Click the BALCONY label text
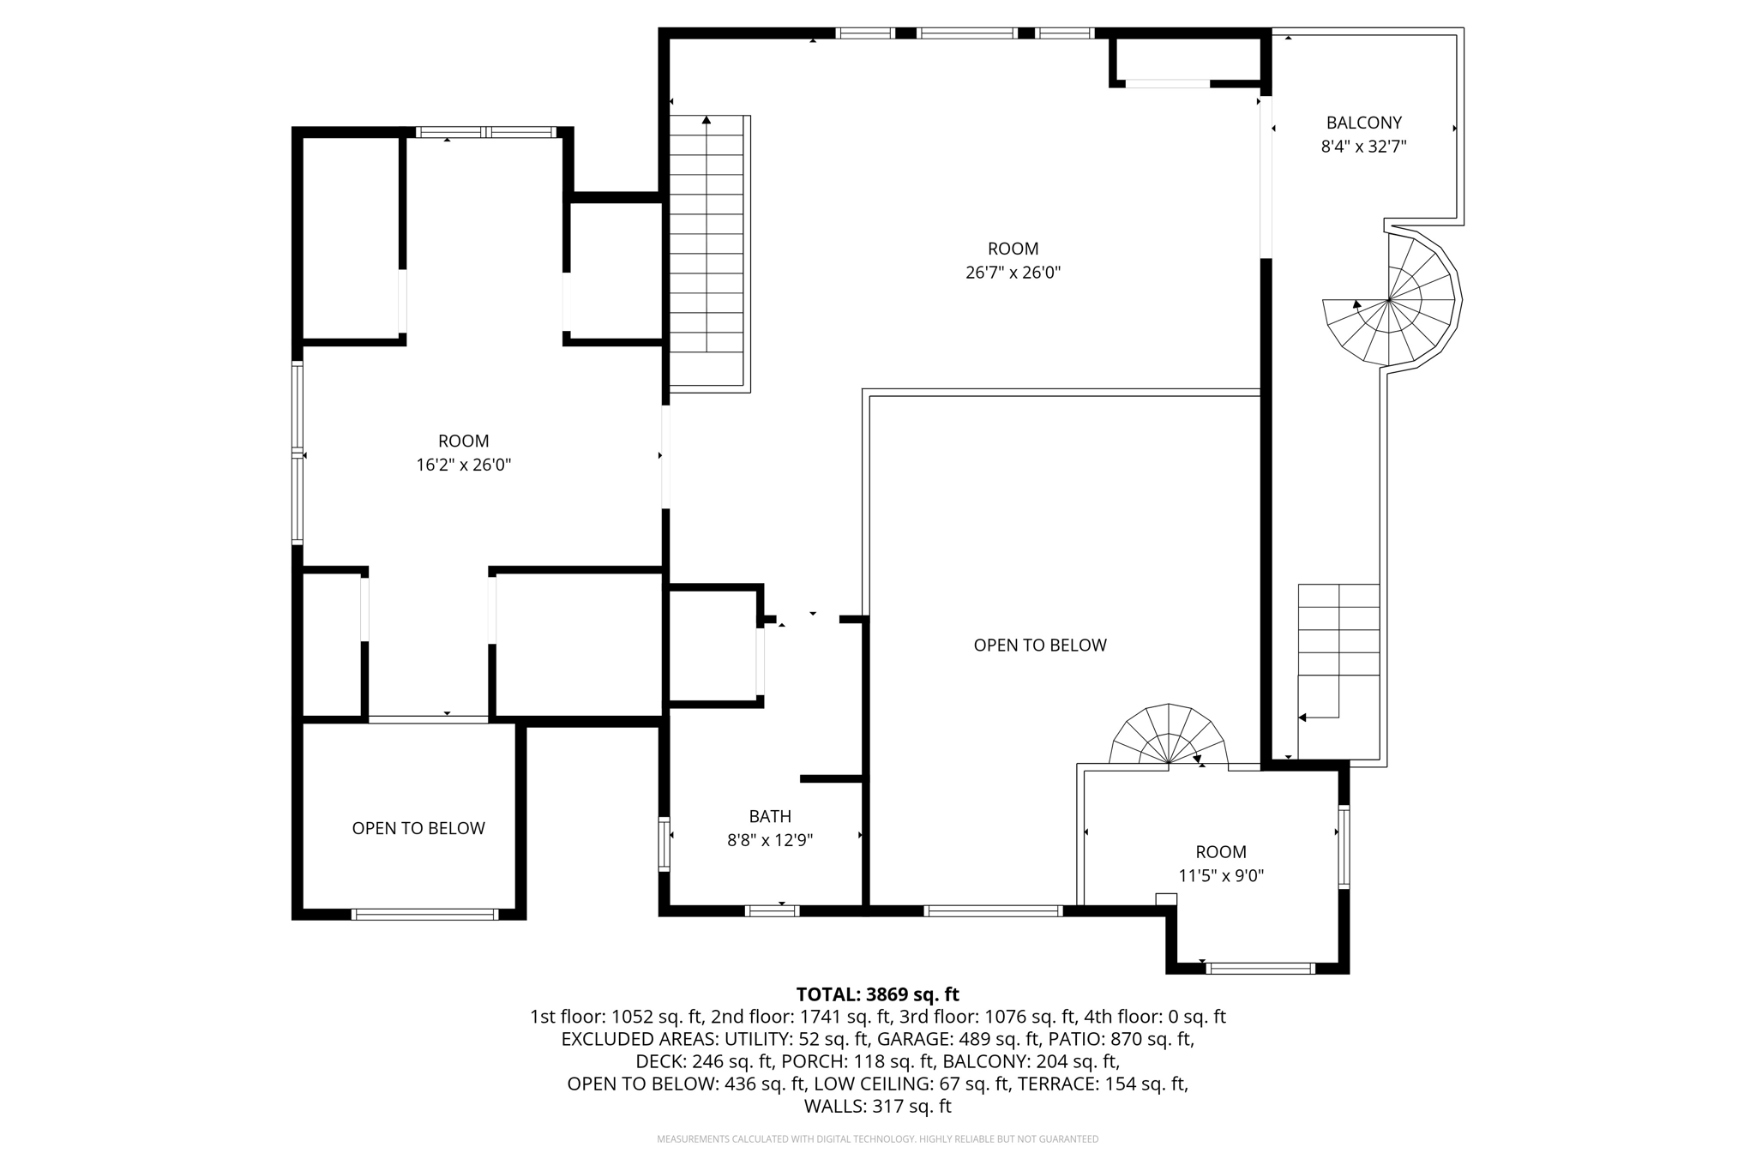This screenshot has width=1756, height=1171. [x=1363, y=123]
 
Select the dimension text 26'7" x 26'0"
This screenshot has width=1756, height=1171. [x=1013, y=273]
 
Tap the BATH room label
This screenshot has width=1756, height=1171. [x=769, y=816]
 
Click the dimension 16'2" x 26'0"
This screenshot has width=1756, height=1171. [x=463, y=465]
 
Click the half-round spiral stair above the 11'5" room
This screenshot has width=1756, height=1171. [x=1168, y=736]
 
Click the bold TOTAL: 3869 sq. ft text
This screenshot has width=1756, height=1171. [x=877, y=994]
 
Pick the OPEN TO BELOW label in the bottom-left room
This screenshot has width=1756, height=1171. [x=418, y=828]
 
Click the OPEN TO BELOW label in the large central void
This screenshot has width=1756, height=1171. [x=1039, y=645]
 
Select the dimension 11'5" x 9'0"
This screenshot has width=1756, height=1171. [x=1220, y=875]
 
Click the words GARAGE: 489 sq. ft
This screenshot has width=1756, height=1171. [x=989, y=1039]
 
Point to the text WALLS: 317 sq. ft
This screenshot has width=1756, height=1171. [x=877, y=1106]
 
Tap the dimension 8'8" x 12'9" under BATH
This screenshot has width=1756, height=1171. [x=769, y=840]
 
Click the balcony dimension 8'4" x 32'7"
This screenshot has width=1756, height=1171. [x=1363, y=147]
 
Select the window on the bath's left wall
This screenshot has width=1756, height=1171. [x=664, y=844]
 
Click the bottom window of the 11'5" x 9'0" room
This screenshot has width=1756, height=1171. [x=1260, y=969]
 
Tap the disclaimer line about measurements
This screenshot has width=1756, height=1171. [x=877, y=1139]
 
